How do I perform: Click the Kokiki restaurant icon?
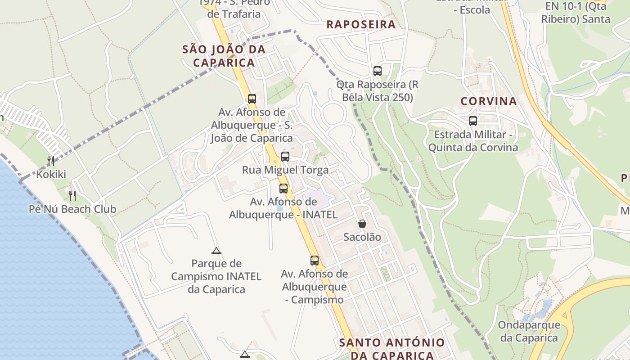pyautogui.click(x=51, y=161)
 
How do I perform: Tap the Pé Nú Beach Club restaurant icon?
pyautogui.click(x=72, y=195)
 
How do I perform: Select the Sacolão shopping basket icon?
pyautogui.click(x=362, y=223)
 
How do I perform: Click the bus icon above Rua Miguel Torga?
pyautogui.click(x=285, y=157)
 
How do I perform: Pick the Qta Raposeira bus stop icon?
pyautogui.click(x=378, y=71)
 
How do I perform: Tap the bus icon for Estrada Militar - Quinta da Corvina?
pyautogui.click(x=473, y=121)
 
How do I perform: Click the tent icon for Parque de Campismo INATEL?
pyautogui.click(x=216, y=251)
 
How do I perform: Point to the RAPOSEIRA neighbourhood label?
pyautogui.click(x=361, y=24)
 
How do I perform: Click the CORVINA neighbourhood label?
pyautogui.click(x=489, y=101)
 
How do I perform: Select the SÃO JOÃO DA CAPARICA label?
pyautogui.click(x=224, y=56)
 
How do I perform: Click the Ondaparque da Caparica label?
pyautogui.click(x=529, y=331)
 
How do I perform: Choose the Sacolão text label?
pyautogui.click(x=362, y=237)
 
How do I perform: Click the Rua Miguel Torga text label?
pyautogui.click(x=285, y=170)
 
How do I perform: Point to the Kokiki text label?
pyautogui.click(x=51, y=174)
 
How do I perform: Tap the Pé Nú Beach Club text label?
pyautogui.click(x=72, y=209)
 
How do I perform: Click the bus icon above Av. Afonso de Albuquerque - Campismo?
pyautogui.click(x=315, y=260)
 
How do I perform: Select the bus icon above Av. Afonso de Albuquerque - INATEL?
pyautogui.click(x=283, y=188)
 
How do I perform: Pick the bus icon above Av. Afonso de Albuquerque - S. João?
pyautogui.click(x=252, y=99)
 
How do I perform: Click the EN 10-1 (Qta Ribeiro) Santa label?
pyautogui.click(x=576, y=13)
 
